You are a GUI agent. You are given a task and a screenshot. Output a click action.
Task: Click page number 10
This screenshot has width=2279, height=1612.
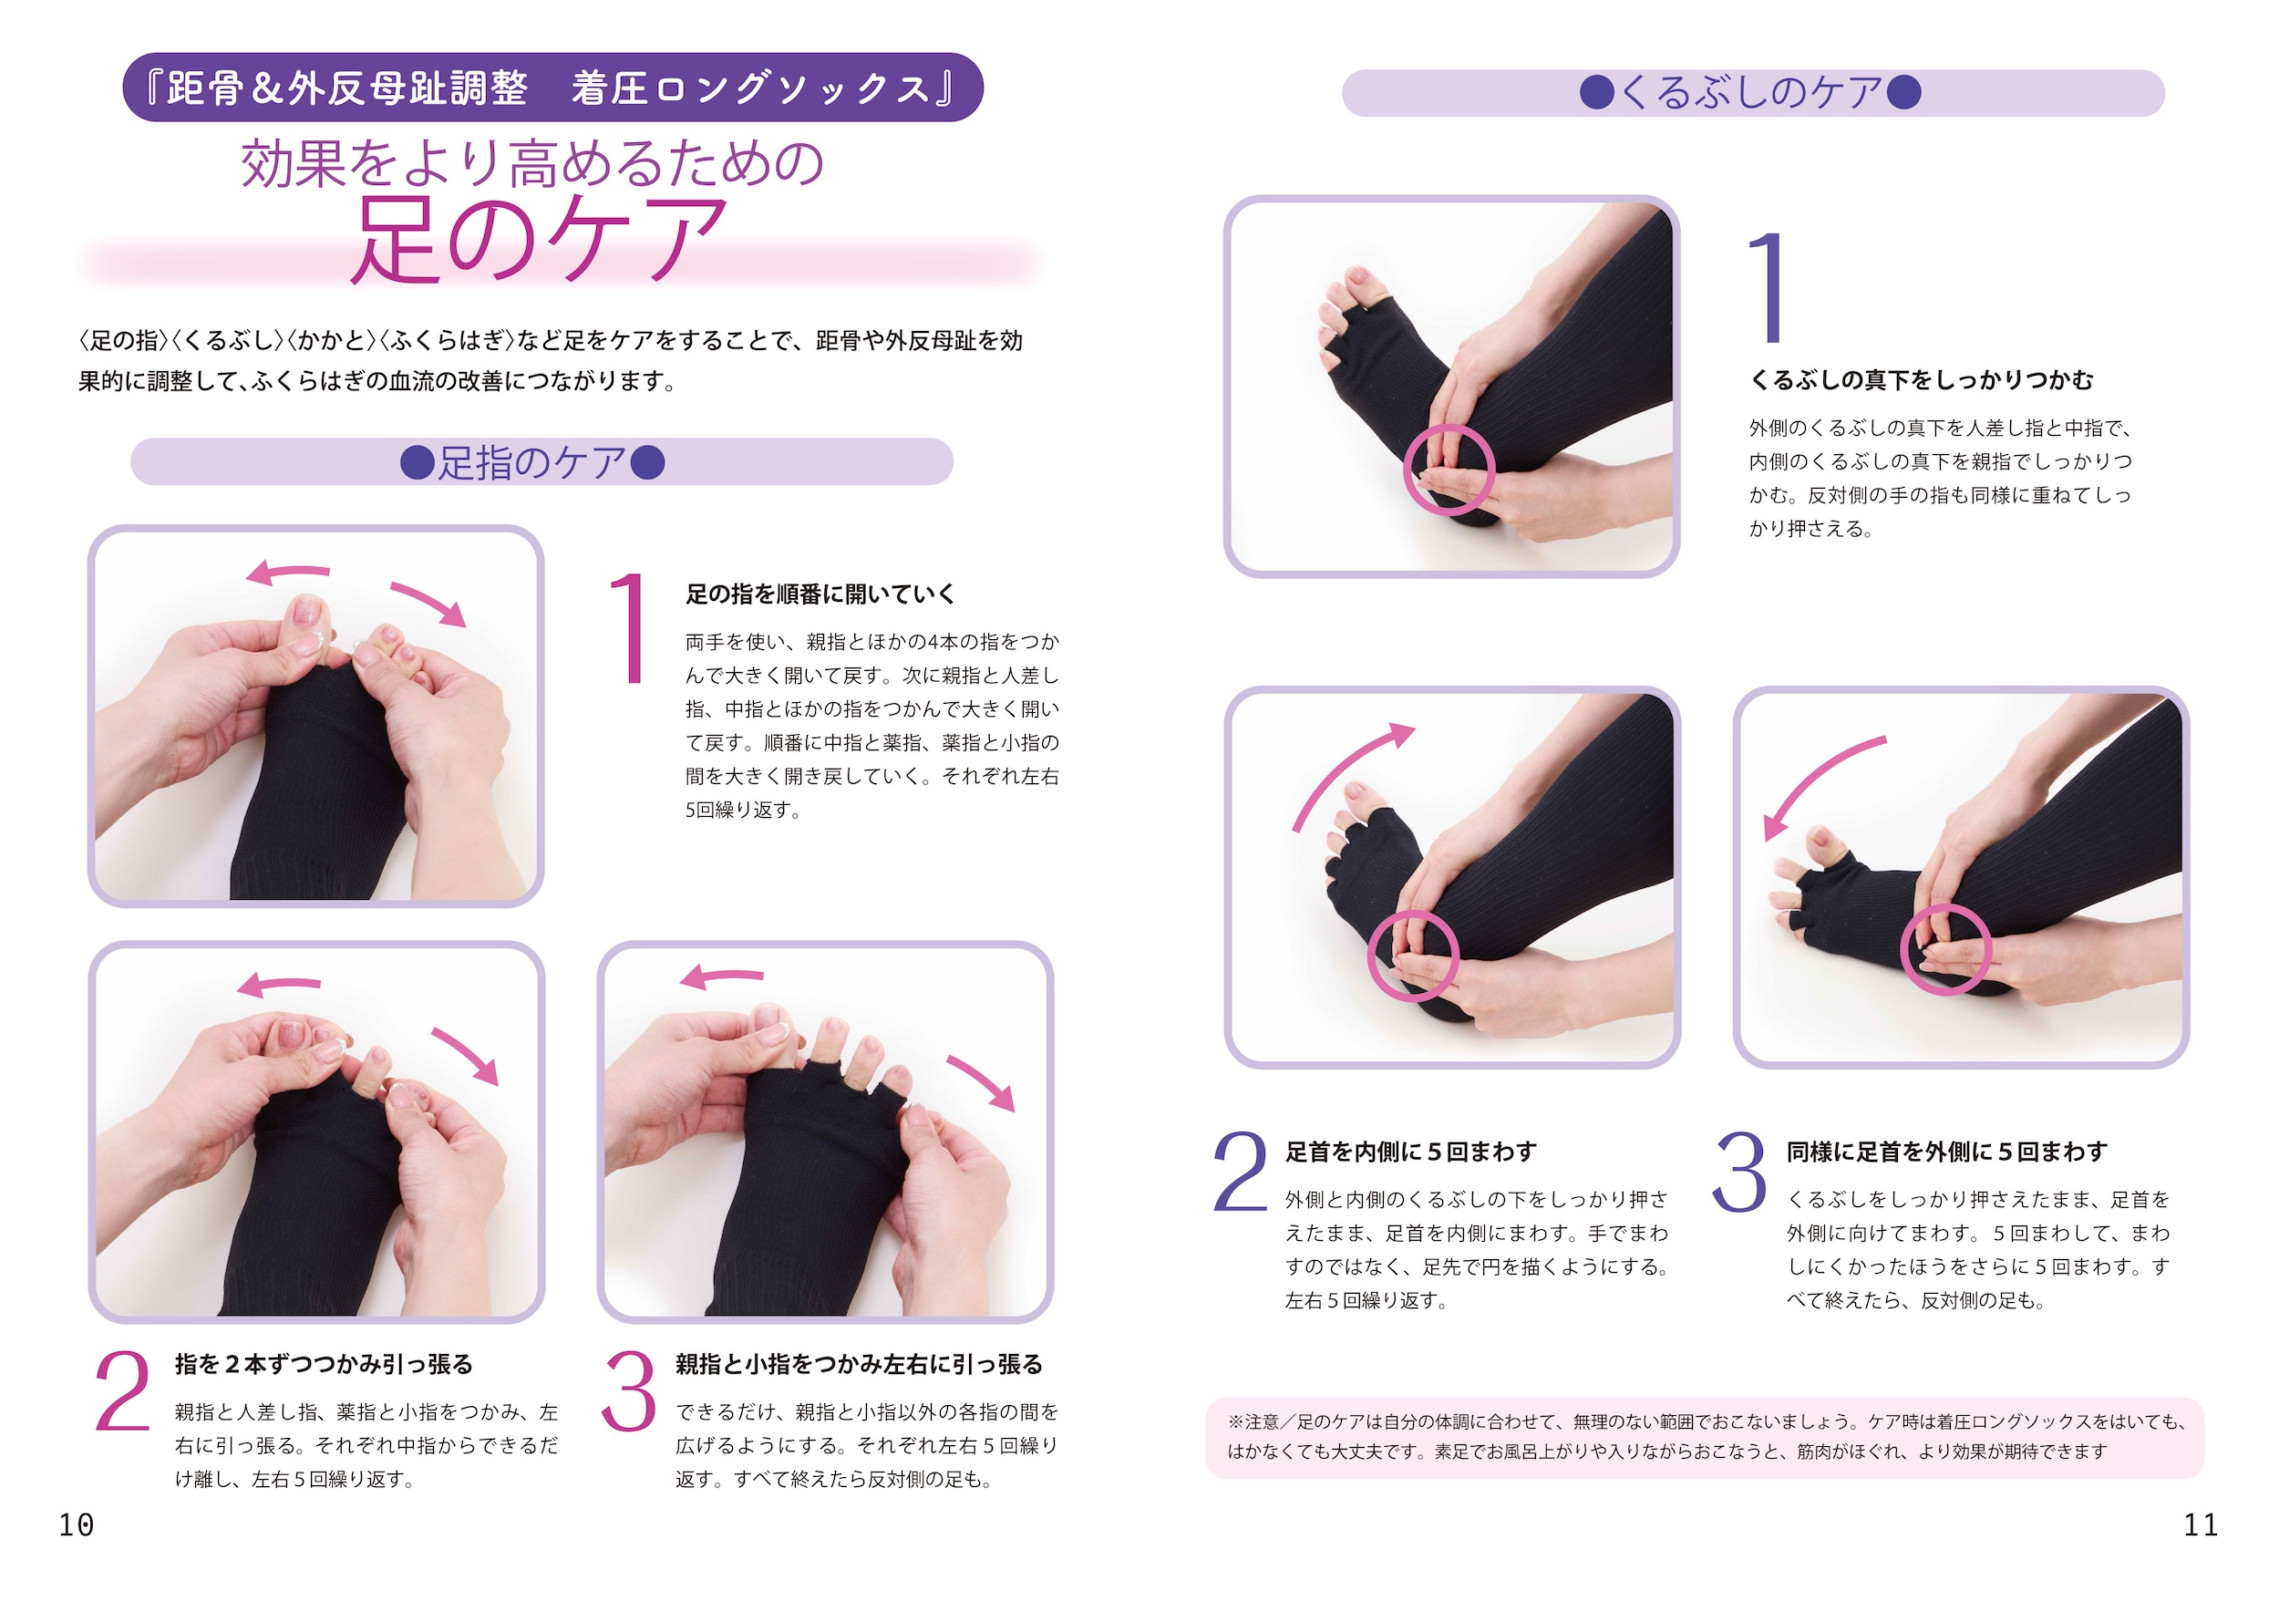tap(77, 1524)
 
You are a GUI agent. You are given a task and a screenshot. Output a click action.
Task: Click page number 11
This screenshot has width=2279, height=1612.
tap(2201, 1524)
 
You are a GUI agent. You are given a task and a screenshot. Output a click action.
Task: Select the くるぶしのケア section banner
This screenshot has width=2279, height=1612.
tap(1753, 92)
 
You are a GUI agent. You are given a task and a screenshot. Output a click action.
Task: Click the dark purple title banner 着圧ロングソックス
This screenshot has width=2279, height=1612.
tap(552, 88)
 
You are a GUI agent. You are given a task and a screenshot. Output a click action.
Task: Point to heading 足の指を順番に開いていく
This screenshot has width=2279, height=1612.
tap(820, 594)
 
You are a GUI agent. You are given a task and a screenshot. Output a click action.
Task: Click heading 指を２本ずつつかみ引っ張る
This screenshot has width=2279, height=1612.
tap(324, 1365)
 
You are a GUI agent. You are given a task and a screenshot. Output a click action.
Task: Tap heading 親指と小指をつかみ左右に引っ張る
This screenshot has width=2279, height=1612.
tap(860, 1365)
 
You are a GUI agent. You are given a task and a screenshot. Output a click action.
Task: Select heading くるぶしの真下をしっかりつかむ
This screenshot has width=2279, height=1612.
tap(1922, 380)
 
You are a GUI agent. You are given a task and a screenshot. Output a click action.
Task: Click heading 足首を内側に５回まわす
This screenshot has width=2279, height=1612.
tap(1410, 1152)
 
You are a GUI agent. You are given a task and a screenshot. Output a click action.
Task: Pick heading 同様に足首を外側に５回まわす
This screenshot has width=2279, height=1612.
tap(1946, 1152)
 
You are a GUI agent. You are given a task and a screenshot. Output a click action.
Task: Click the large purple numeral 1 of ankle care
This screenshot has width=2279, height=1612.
tap(1768, 287)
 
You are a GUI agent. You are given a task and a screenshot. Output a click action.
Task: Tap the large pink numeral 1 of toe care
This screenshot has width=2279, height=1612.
tap(629, 628)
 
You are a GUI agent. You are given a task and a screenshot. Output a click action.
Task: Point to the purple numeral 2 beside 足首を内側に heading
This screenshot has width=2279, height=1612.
tap(1240, 1172)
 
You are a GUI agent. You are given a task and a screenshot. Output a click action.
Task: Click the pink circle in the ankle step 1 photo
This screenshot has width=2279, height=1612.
tap(1449, 427)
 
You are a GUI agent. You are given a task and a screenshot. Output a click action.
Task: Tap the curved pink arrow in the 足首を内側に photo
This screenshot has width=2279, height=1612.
tap(1345, 770)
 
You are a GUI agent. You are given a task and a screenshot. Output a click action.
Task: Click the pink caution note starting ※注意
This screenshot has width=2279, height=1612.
tap(1705, 1437)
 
